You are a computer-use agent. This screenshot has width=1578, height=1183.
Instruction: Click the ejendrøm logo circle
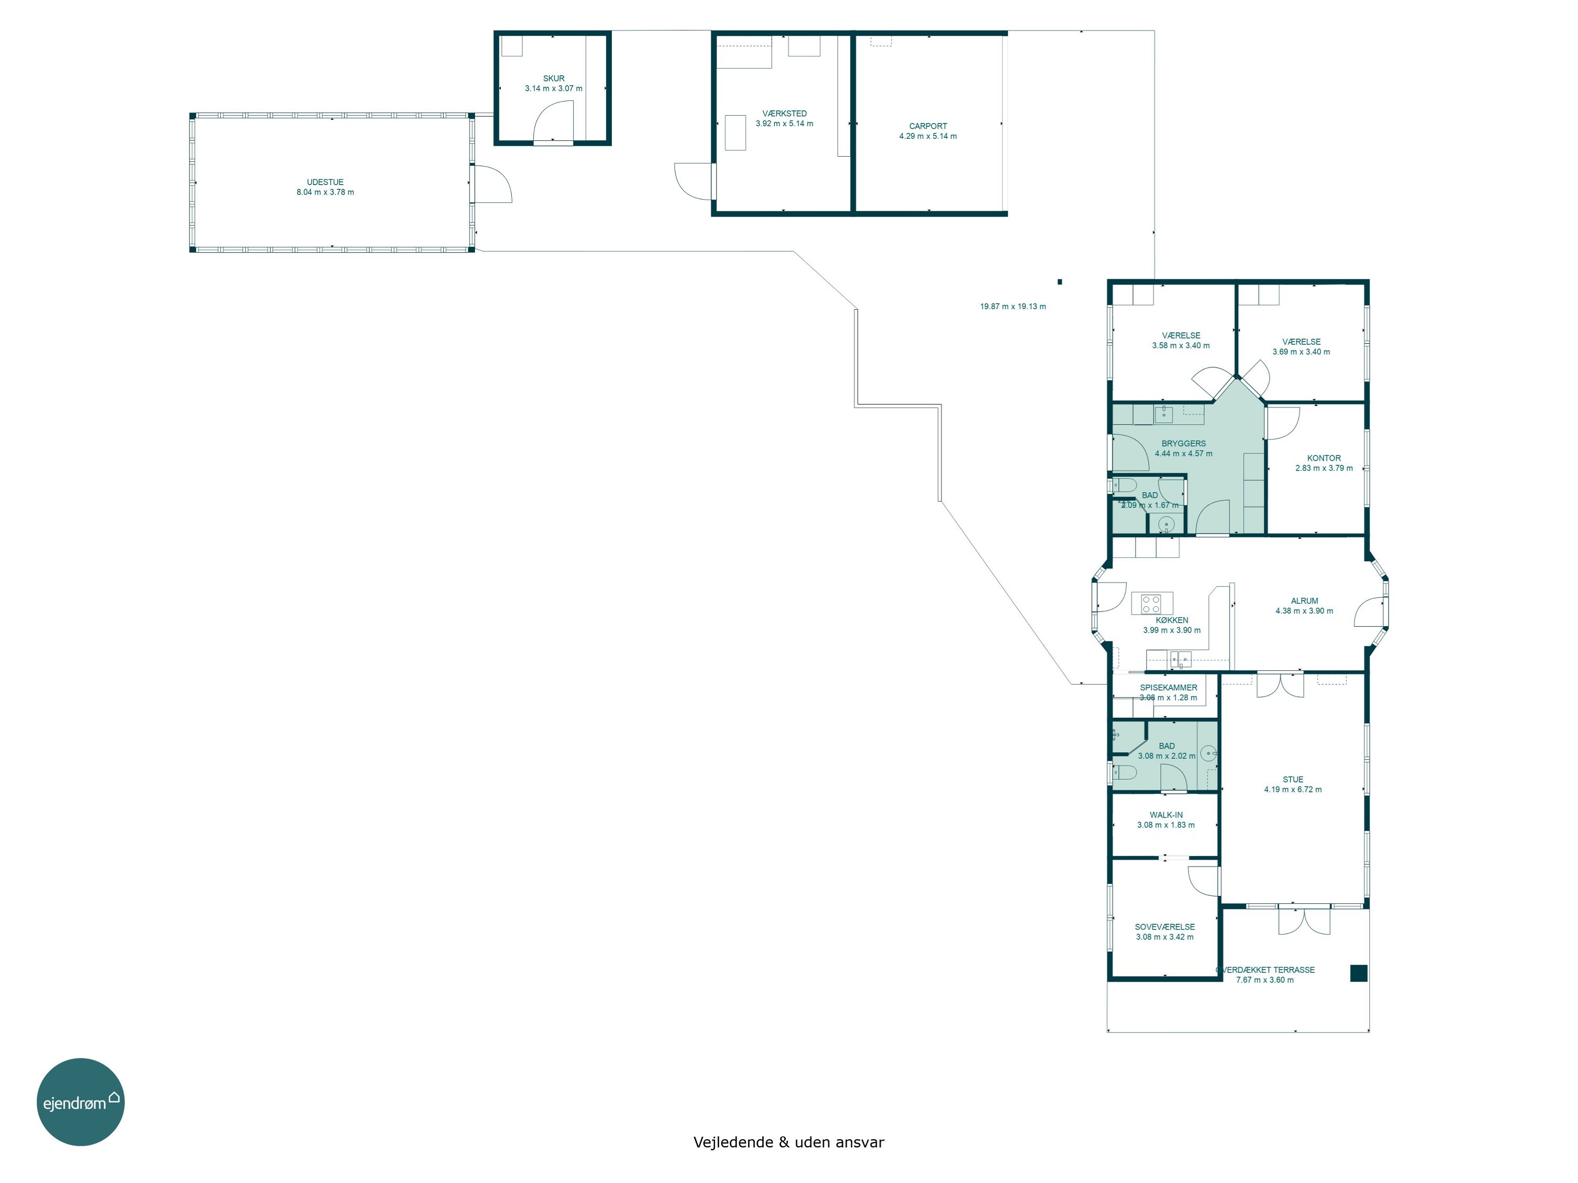(80, 1102)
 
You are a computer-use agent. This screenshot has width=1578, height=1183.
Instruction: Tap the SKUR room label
(553, 78)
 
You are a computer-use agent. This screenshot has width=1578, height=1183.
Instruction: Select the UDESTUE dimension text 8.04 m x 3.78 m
(325, 192)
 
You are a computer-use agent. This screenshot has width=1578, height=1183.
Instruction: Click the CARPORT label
(928, 126)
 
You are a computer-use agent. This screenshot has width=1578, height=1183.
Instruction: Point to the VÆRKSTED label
(785, 114)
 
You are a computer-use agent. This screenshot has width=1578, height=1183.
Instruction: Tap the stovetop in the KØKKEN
(1151, 604)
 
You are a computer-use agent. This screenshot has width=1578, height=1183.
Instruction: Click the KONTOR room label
(1324, 458)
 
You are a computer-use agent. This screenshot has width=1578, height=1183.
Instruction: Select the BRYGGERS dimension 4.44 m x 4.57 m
(1183, 454)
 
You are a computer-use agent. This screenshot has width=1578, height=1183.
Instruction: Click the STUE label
(1293, 779)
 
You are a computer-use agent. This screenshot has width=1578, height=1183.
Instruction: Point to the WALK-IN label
(1166, 815)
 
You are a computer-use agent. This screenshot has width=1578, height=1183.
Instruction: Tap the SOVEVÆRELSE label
(1165, 927)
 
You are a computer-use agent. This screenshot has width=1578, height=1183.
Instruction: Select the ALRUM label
(1305, 601)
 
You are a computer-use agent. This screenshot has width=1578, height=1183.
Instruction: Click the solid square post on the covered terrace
(1358, 973)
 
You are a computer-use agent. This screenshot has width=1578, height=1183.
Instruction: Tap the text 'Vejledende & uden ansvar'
(789, 1143)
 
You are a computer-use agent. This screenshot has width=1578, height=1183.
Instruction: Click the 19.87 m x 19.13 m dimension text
(1013, 307)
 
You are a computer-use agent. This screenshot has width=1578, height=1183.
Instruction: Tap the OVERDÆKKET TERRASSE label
(1266, 970)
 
